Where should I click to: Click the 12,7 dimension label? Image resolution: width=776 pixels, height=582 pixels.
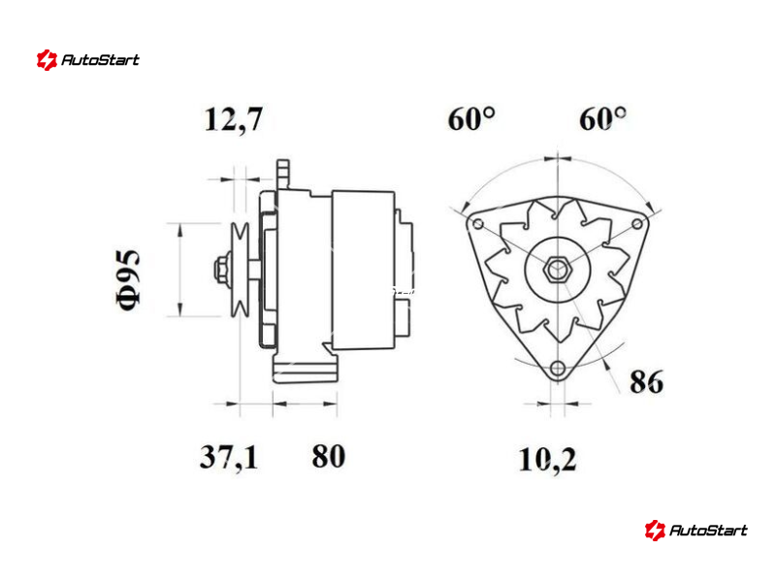[233, 119]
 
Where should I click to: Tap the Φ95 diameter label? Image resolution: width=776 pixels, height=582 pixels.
[128, 280]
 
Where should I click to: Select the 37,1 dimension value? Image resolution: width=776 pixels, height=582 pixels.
[229, 457]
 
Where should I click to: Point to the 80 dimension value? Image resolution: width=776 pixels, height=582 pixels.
[328, 456]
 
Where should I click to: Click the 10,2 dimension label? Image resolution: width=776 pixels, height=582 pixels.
[547, 459]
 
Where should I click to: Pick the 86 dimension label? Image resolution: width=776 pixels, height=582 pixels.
[646, 381]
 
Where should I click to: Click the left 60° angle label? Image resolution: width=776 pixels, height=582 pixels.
[471, 119]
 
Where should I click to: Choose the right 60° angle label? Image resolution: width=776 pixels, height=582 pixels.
[602, 119]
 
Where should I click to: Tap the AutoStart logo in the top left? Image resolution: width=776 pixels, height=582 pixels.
[88, 60]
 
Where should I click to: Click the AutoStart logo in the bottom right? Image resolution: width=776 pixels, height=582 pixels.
[695, 530]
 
